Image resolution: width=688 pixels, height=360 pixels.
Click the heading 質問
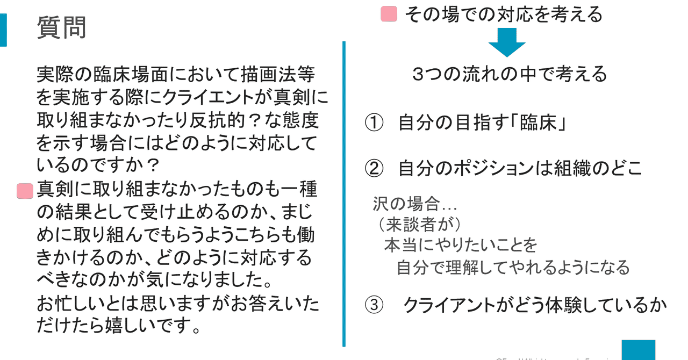point(61,27)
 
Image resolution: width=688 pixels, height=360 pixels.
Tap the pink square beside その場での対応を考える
point(389,14)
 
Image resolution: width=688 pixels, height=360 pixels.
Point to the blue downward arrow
point(506,42)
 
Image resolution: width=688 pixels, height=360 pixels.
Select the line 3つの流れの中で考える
point(510,74)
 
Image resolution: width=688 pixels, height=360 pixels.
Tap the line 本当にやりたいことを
point(460,245)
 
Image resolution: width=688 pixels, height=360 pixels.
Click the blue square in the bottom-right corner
point(639,350)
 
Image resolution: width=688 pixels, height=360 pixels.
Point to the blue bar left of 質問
point(3,30)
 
